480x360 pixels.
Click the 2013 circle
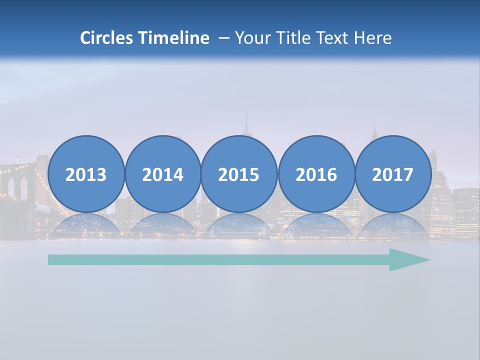point(86,174)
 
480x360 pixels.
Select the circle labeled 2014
point(162,174)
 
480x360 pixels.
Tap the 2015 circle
point(239,174)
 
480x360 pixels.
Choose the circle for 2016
point(316,174)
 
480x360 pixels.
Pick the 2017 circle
point(392,174)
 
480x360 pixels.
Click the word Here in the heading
point(373,38)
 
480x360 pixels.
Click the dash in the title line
point(223,38)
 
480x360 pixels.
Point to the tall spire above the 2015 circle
point(245,122)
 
